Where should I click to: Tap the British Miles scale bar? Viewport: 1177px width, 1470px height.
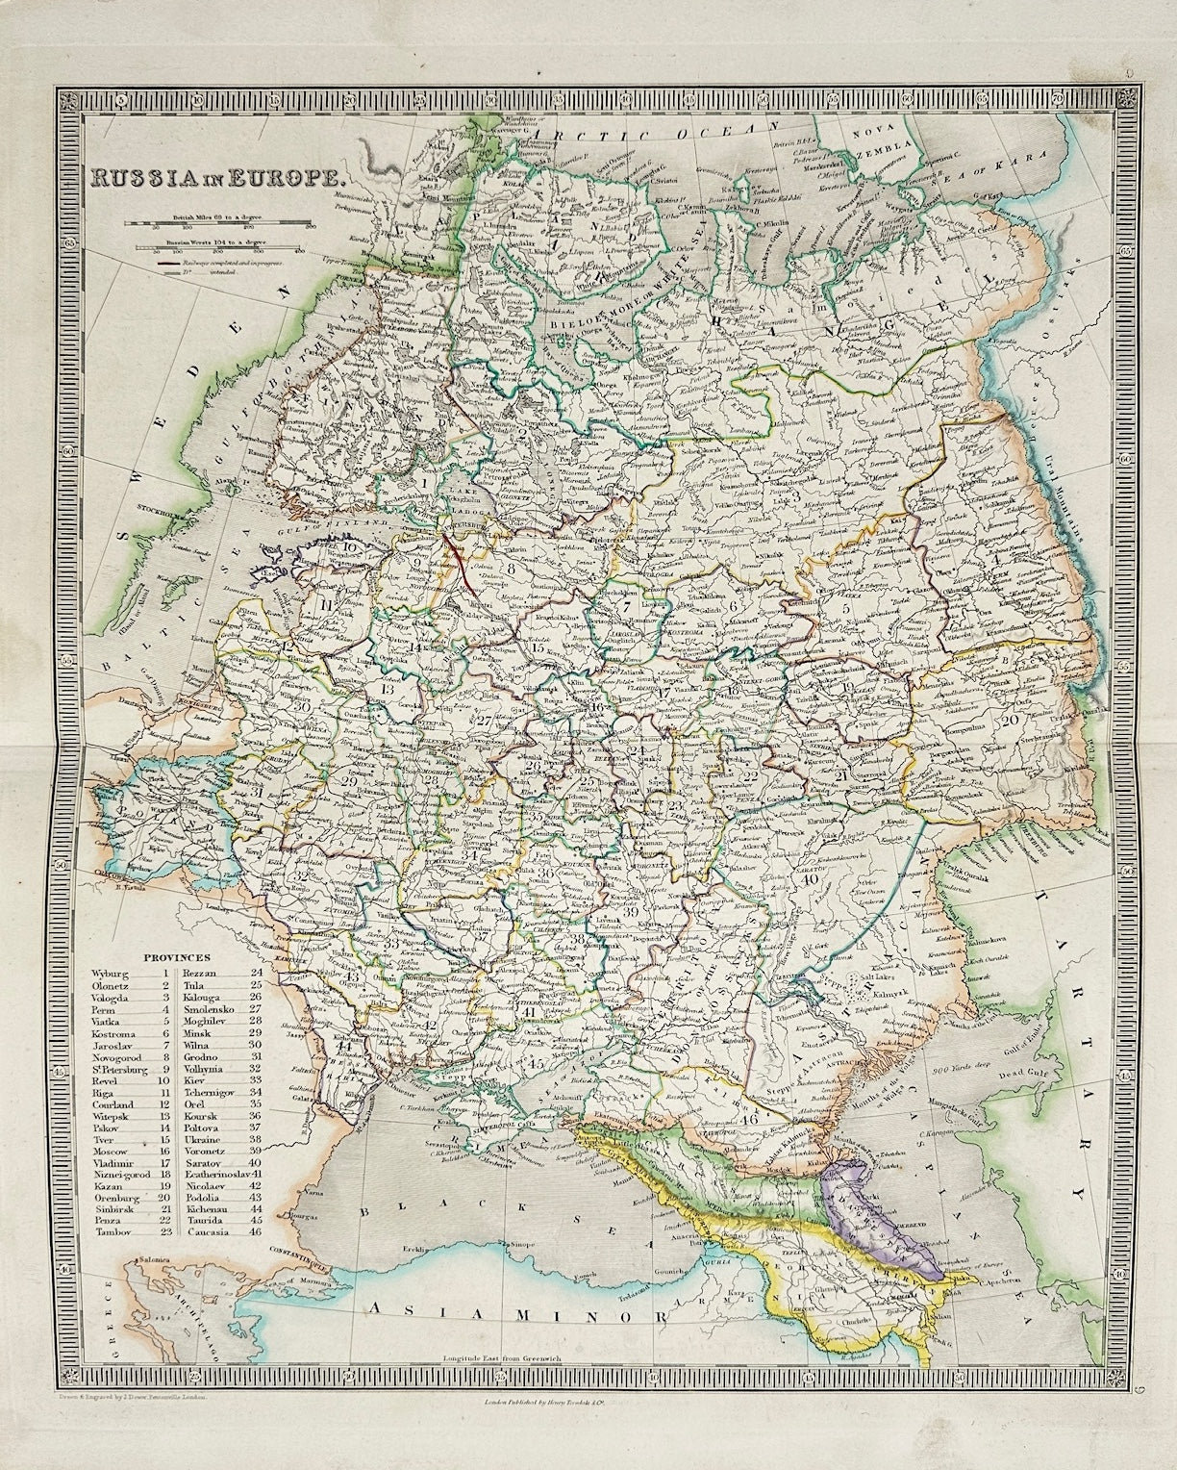point(215,226)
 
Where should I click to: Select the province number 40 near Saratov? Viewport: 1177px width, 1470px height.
point(807,877)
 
